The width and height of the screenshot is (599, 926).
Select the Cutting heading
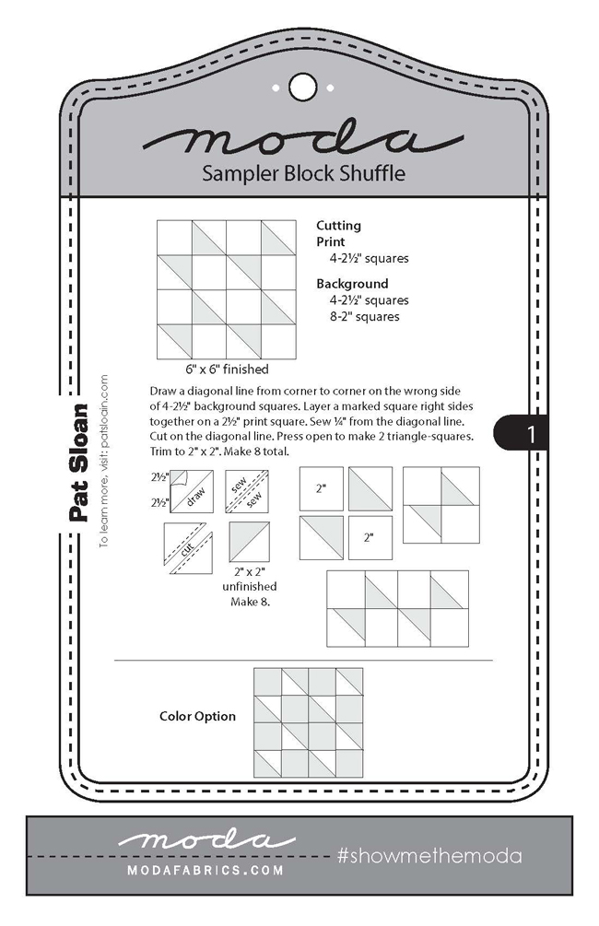click(x=338, y=225)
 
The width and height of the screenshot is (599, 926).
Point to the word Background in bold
click(x=352, y=284)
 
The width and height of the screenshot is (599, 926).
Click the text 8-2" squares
click(x=363, y=317)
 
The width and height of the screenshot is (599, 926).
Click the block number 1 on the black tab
click(x=530, y=434)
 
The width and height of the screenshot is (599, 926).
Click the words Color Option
click(x=197, y=716)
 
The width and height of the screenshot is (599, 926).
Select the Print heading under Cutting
click(x=330, y=241)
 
